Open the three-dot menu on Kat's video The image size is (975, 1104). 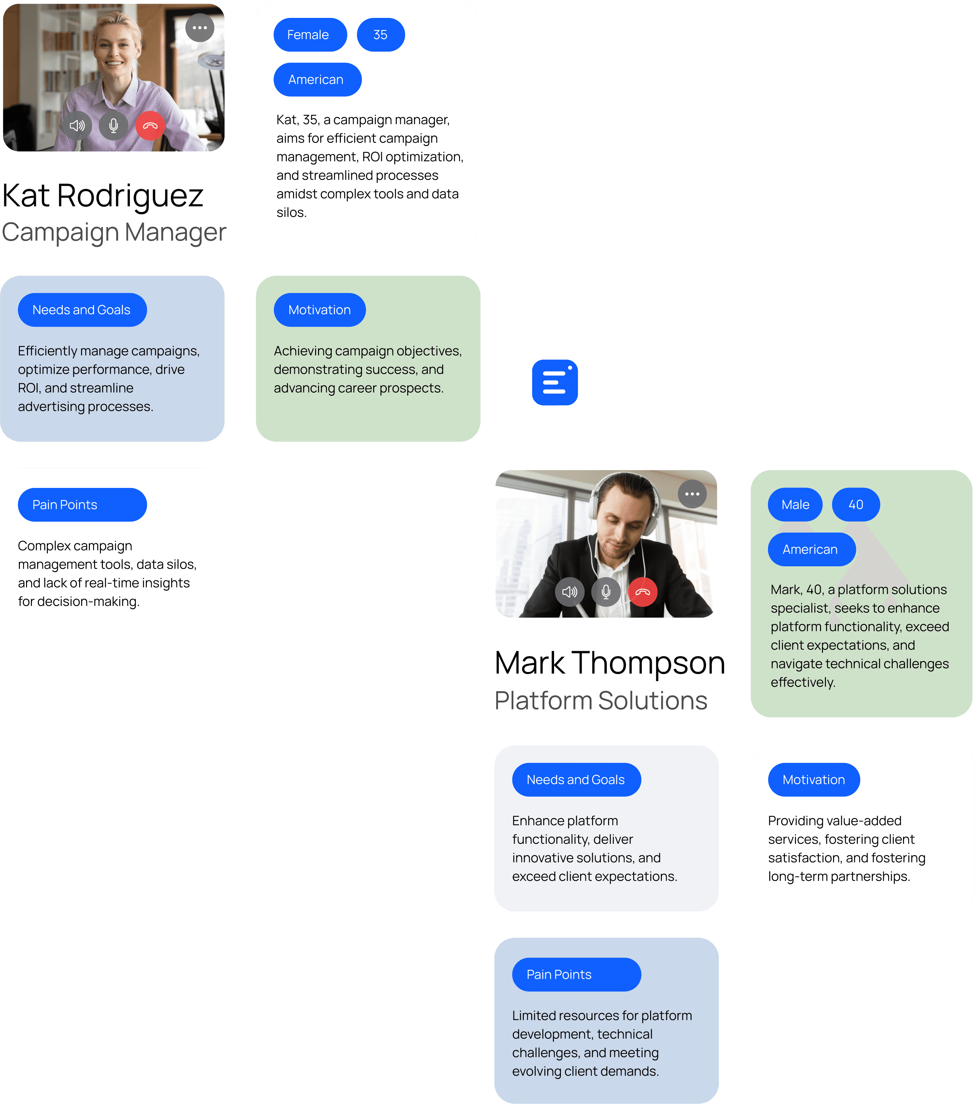pyautogui.click(x=200, y=28)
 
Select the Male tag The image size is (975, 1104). pyautogui.click(x=795, y=505)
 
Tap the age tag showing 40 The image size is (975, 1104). pyautogui.click(x=856, y=505)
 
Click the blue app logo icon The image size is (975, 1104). pyautogui.click(x=554, y=383)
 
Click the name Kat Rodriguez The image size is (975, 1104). pyautogui.click(x=103, y=195)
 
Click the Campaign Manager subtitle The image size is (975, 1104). pyautogui.click(x=114, y=232)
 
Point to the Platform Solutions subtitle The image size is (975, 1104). pyautogui.click(x=601, y=701)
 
